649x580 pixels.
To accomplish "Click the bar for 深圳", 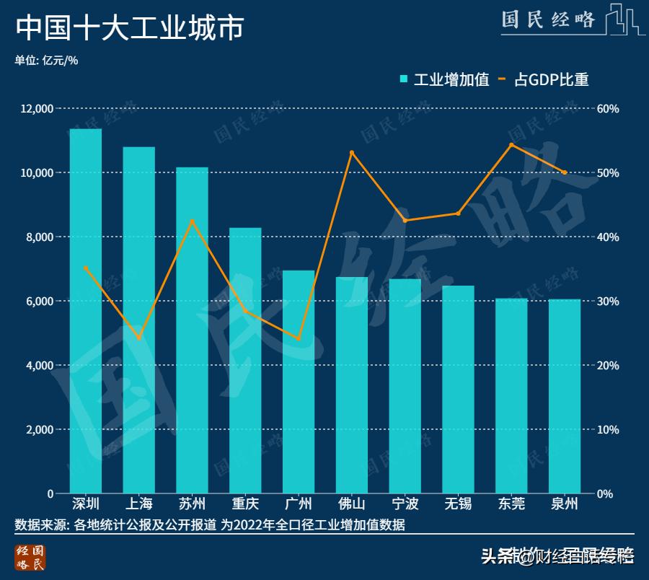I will [x=86, y=311].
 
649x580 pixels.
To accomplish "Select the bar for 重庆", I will [x=245, y=361].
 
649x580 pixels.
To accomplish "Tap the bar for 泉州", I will [x=565, y=396].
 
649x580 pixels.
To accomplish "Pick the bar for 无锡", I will [x=458, y=390].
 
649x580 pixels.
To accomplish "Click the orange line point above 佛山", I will [x=352, y=153].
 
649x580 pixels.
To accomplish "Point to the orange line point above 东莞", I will [x=511, y=145].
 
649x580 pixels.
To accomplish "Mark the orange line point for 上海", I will [x=139, y=338].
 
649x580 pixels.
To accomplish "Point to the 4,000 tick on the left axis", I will [x=40, y=366].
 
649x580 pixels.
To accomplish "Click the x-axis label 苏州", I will [x=192, y=504].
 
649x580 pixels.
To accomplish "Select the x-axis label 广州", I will [x=299, y=504].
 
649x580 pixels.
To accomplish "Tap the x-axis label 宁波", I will [x=405, y=504].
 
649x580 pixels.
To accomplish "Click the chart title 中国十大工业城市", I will [x=130, y=29].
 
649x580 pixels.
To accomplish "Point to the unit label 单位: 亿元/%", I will [x=46, y=61].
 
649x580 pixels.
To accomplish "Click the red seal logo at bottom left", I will [x=30, y=558].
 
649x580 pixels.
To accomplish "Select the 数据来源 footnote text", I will [x=209, y=525].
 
